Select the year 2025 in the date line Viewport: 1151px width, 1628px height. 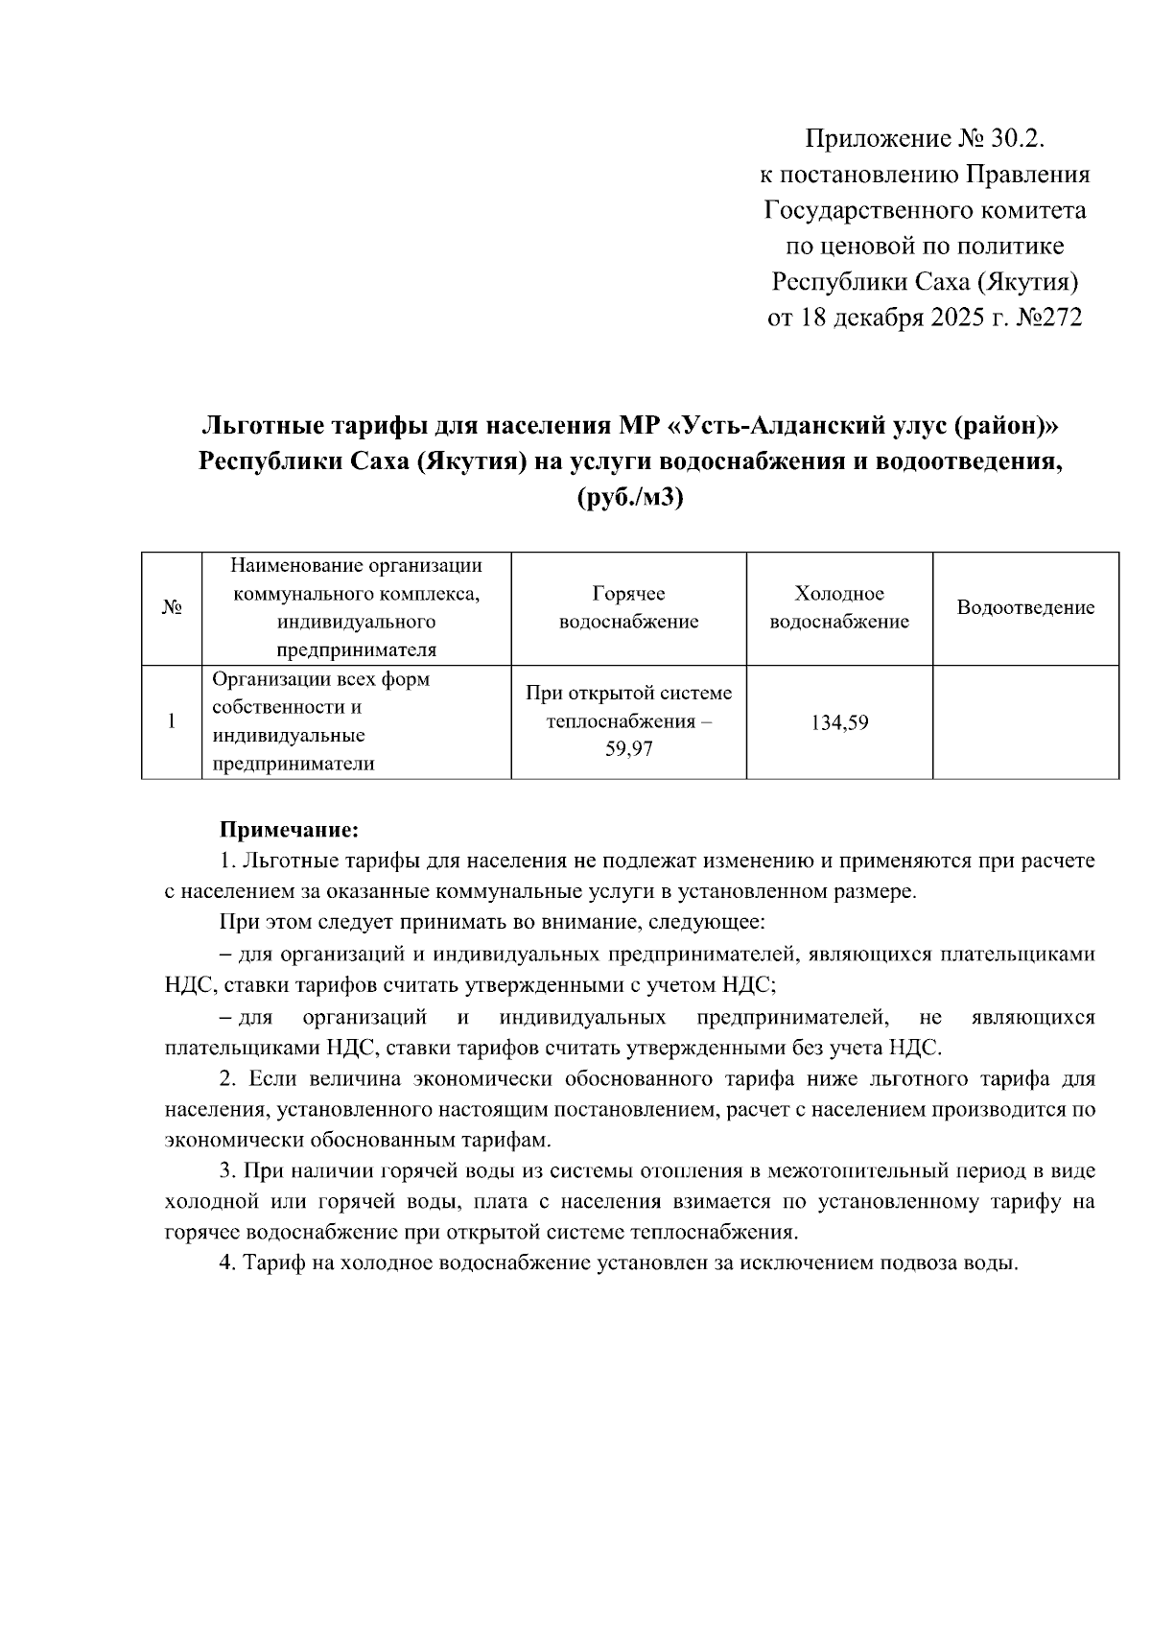(962, 318)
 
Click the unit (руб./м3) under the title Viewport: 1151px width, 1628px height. (630, 499)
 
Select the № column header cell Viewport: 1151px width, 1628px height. (171, 608)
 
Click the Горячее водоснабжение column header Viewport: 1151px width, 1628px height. (628, 607)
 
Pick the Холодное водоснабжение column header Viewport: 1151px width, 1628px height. (839, 607)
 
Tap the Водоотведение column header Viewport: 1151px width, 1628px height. (1025, 607)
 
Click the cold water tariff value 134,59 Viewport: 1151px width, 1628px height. (839, 722)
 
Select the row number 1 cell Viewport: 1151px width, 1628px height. (171, 721)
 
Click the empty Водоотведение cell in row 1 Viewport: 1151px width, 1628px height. (1025, 721)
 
